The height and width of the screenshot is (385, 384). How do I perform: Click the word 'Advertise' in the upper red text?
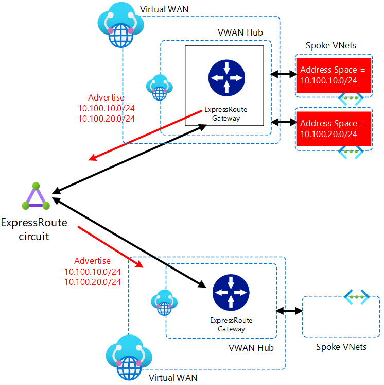(106, 97)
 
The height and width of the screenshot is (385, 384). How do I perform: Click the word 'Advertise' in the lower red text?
(92, 261)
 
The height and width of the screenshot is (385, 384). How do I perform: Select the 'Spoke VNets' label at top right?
(331, 45)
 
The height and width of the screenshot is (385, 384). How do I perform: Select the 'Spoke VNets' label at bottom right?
(341, 347)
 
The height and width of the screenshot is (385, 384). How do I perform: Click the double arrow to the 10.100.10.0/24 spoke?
(283, 74)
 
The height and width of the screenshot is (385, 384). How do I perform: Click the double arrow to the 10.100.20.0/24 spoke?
(283, 122)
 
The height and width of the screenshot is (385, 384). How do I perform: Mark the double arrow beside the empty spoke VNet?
(289, 311)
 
